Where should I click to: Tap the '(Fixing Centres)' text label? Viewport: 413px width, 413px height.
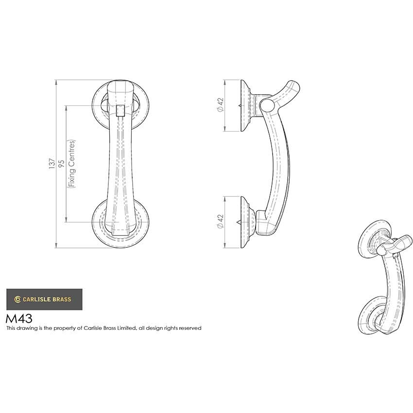71,164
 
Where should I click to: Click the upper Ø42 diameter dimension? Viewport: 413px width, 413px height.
219,105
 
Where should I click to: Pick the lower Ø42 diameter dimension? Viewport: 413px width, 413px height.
219,222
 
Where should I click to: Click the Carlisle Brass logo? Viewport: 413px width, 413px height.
44,299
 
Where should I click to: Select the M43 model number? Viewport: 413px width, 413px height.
19,319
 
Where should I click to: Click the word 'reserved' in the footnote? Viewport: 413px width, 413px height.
190,328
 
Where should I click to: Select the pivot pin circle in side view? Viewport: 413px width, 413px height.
265,105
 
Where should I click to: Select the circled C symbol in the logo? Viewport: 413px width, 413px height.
17,299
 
